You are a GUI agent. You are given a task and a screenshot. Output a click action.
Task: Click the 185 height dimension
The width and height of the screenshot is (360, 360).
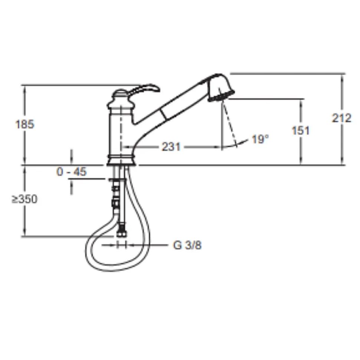pyautogui.click(x=24, y=124)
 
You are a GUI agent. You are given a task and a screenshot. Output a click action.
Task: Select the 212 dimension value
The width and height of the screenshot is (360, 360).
pyautogui.click(x=341, y=118)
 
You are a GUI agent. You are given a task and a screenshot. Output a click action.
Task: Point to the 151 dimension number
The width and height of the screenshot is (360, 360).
pyautogui.click(x=301, y=131)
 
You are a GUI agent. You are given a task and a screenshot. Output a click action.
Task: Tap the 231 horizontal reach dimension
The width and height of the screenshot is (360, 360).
pyautogui.click(x=171, y=147)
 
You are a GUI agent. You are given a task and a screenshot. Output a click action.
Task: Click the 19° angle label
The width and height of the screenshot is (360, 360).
pyautogui.click(x=260, y=139)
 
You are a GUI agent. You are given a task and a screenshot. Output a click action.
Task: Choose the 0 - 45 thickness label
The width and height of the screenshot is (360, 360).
pyautogui.click(x=72, y=172)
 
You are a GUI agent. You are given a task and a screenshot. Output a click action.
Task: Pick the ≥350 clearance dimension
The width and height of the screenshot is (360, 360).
pyautogui.click(x=24, y=199)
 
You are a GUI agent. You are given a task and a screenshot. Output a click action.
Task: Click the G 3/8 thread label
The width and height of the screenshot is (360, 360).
pyautogui.click(x=187, y=245)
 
